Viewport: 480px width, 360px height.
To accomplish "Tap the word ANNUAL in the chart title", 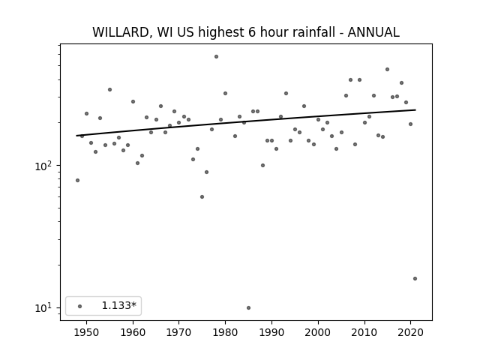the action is (373, 32).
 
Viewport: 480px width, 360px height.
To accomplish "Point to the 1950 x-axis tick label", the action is (87, 332).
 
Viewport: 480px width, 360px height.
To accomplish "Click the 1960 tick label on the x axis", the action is (133, 332).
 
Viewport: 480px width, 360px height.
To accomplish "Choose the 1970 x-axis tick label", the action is (179, 332).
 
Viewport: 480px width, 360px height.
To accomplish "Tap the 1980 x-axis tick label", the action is (225, 332).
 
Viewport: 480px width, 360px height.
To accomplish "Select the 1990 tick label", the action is (271, 332).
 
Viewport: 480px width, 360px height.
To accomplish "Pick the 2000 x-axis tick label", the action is (318, 332).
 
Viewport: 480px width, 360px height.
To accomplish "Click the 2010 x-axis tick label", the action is (364, 332).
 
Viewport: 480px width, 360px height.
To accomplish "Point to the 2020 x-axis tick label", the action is (410, 332).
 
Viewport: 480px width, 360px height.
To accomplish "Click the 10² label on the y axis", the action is (45, 166).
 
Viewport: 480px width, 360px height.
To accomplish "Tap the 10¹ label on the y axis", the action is (45, 307).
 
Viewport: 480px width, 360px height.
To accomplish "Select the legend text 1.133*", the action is (118, 305).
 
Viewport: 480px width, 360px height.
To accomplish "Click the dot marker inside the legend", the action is (80, 306).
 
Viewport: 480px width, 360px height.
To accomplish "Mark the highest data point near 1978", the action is (217, 57).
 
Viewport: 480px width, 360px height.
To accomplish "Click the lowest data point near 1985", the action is (248, 307).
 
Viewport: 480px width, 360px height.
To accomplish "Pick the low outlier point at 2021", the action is (415, 278).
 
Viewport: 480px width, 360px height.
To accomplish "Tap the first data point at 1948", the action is (77, 180).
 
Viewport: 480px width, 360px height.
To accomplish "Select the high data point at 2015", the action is (387, 70).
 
